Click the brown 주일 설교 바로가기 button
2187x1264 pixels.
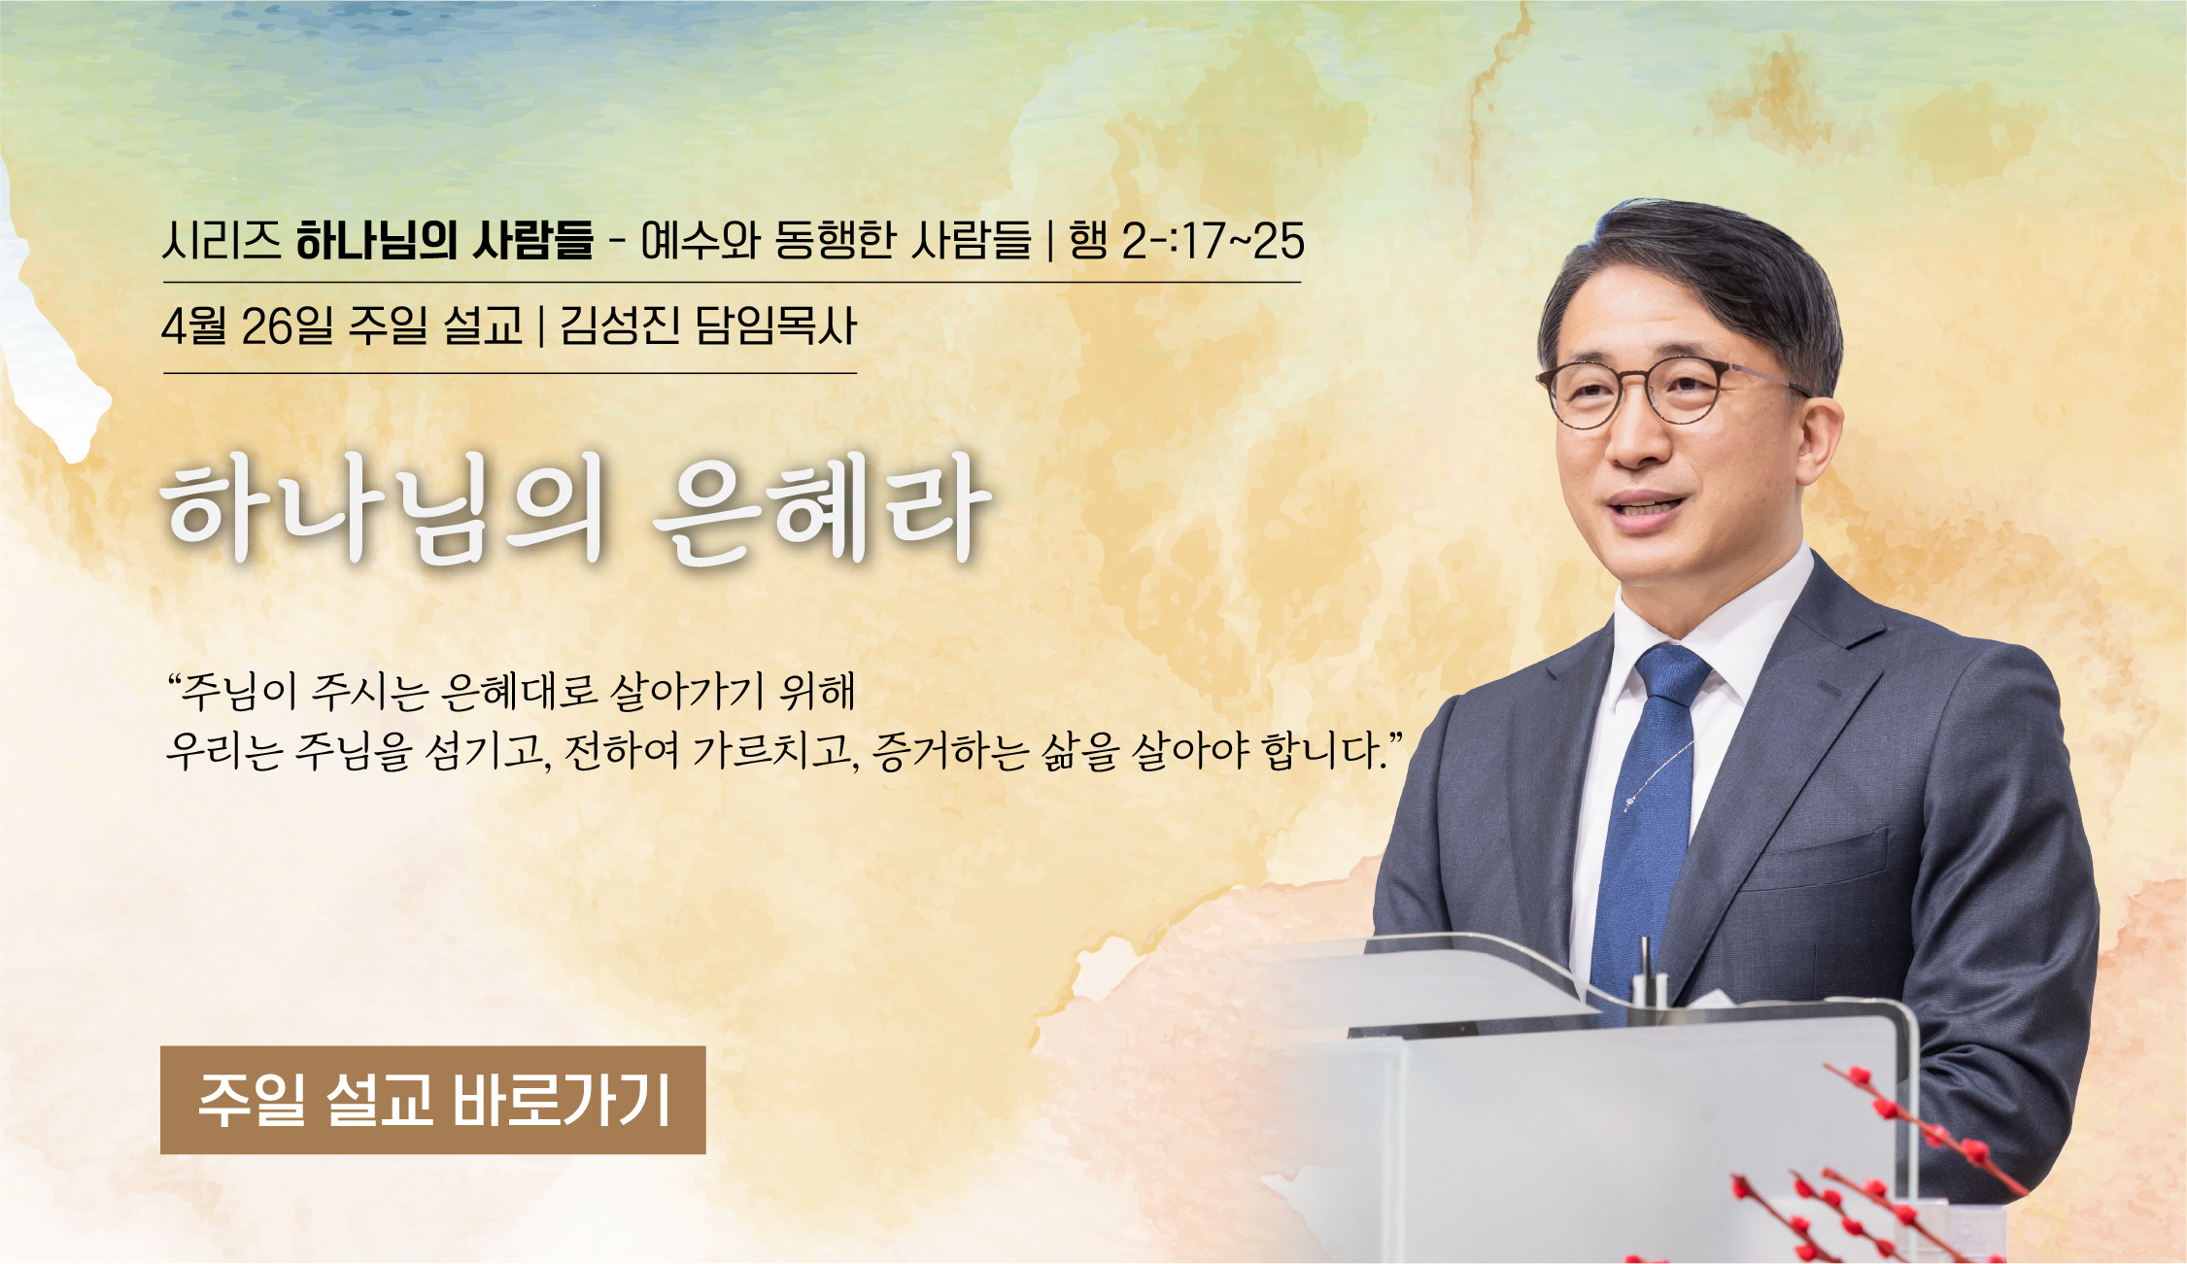pyautogui.click(x=432, y=1100)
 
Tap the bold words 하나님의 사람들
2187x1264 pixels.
pyautogui.click(x=445, y=240)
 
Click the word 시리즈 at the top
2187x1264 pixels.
pyautogui.click(x=222, y=240)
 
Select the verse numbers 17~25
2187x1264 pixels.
pyautogui.click(x=1243, y=240)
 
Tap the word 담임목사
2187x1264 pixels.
pyautogui.click(x=775, y=325)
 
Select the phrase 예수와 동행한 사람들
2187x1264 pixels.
pyautogui.click(x=836, y=240)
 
